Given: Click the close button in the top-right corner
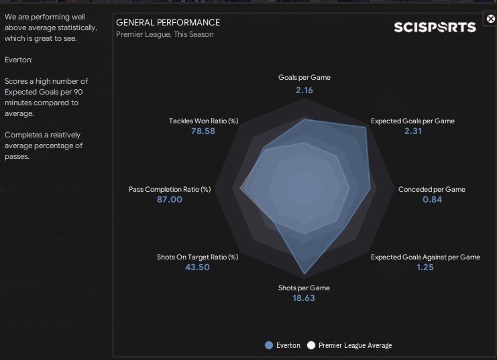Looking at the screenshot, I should pyautogui.click(x=490, y=19).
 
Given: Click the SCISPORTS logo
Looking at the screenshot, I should pyautogui.click(x=435, y=27).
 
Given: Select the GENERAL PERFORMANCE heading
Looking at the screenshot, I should pyautogui.click(x=168, y=23).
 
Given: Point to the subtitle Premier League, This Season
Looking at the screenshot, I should pyautogui.click(x=165, y=34).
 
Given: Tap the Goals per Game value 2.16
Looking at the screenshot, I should pyautogui.click(x=305, y=89).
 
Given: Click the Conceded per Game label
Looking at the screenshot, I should pyautogui.click(x=431, y=189).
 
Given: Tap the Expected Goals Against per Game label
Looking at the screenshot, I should pyautogui.click(x=425, y=257).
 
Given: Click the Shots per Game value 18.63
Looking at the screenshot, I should pyautogui.click(x=304, y=298).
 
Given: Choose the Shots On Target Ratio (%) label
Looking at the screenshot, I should pyautogui.click(x=197, y=257).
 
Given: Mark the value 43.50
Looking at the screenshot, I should pyautogui.click(x=197, y=267).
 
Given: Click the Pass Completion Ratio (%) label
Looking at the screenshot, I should pyautogui.click(x=170, y=189).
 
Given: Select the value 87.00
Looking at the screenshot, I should pyautogui.click(x=170, y=200).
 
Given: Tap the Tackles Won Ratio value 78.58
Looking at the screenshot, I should pyautogui.click(x=203, y=131).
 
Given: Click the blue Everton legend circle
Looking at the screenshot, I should pyautogui.click(x=269, y=345).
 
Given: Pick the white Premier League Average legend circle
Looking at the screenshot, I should pyautogui.click(x=311, y=345).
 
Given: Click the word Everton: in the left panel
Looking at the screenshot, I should pyautogui.click(x=19, y=58).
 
